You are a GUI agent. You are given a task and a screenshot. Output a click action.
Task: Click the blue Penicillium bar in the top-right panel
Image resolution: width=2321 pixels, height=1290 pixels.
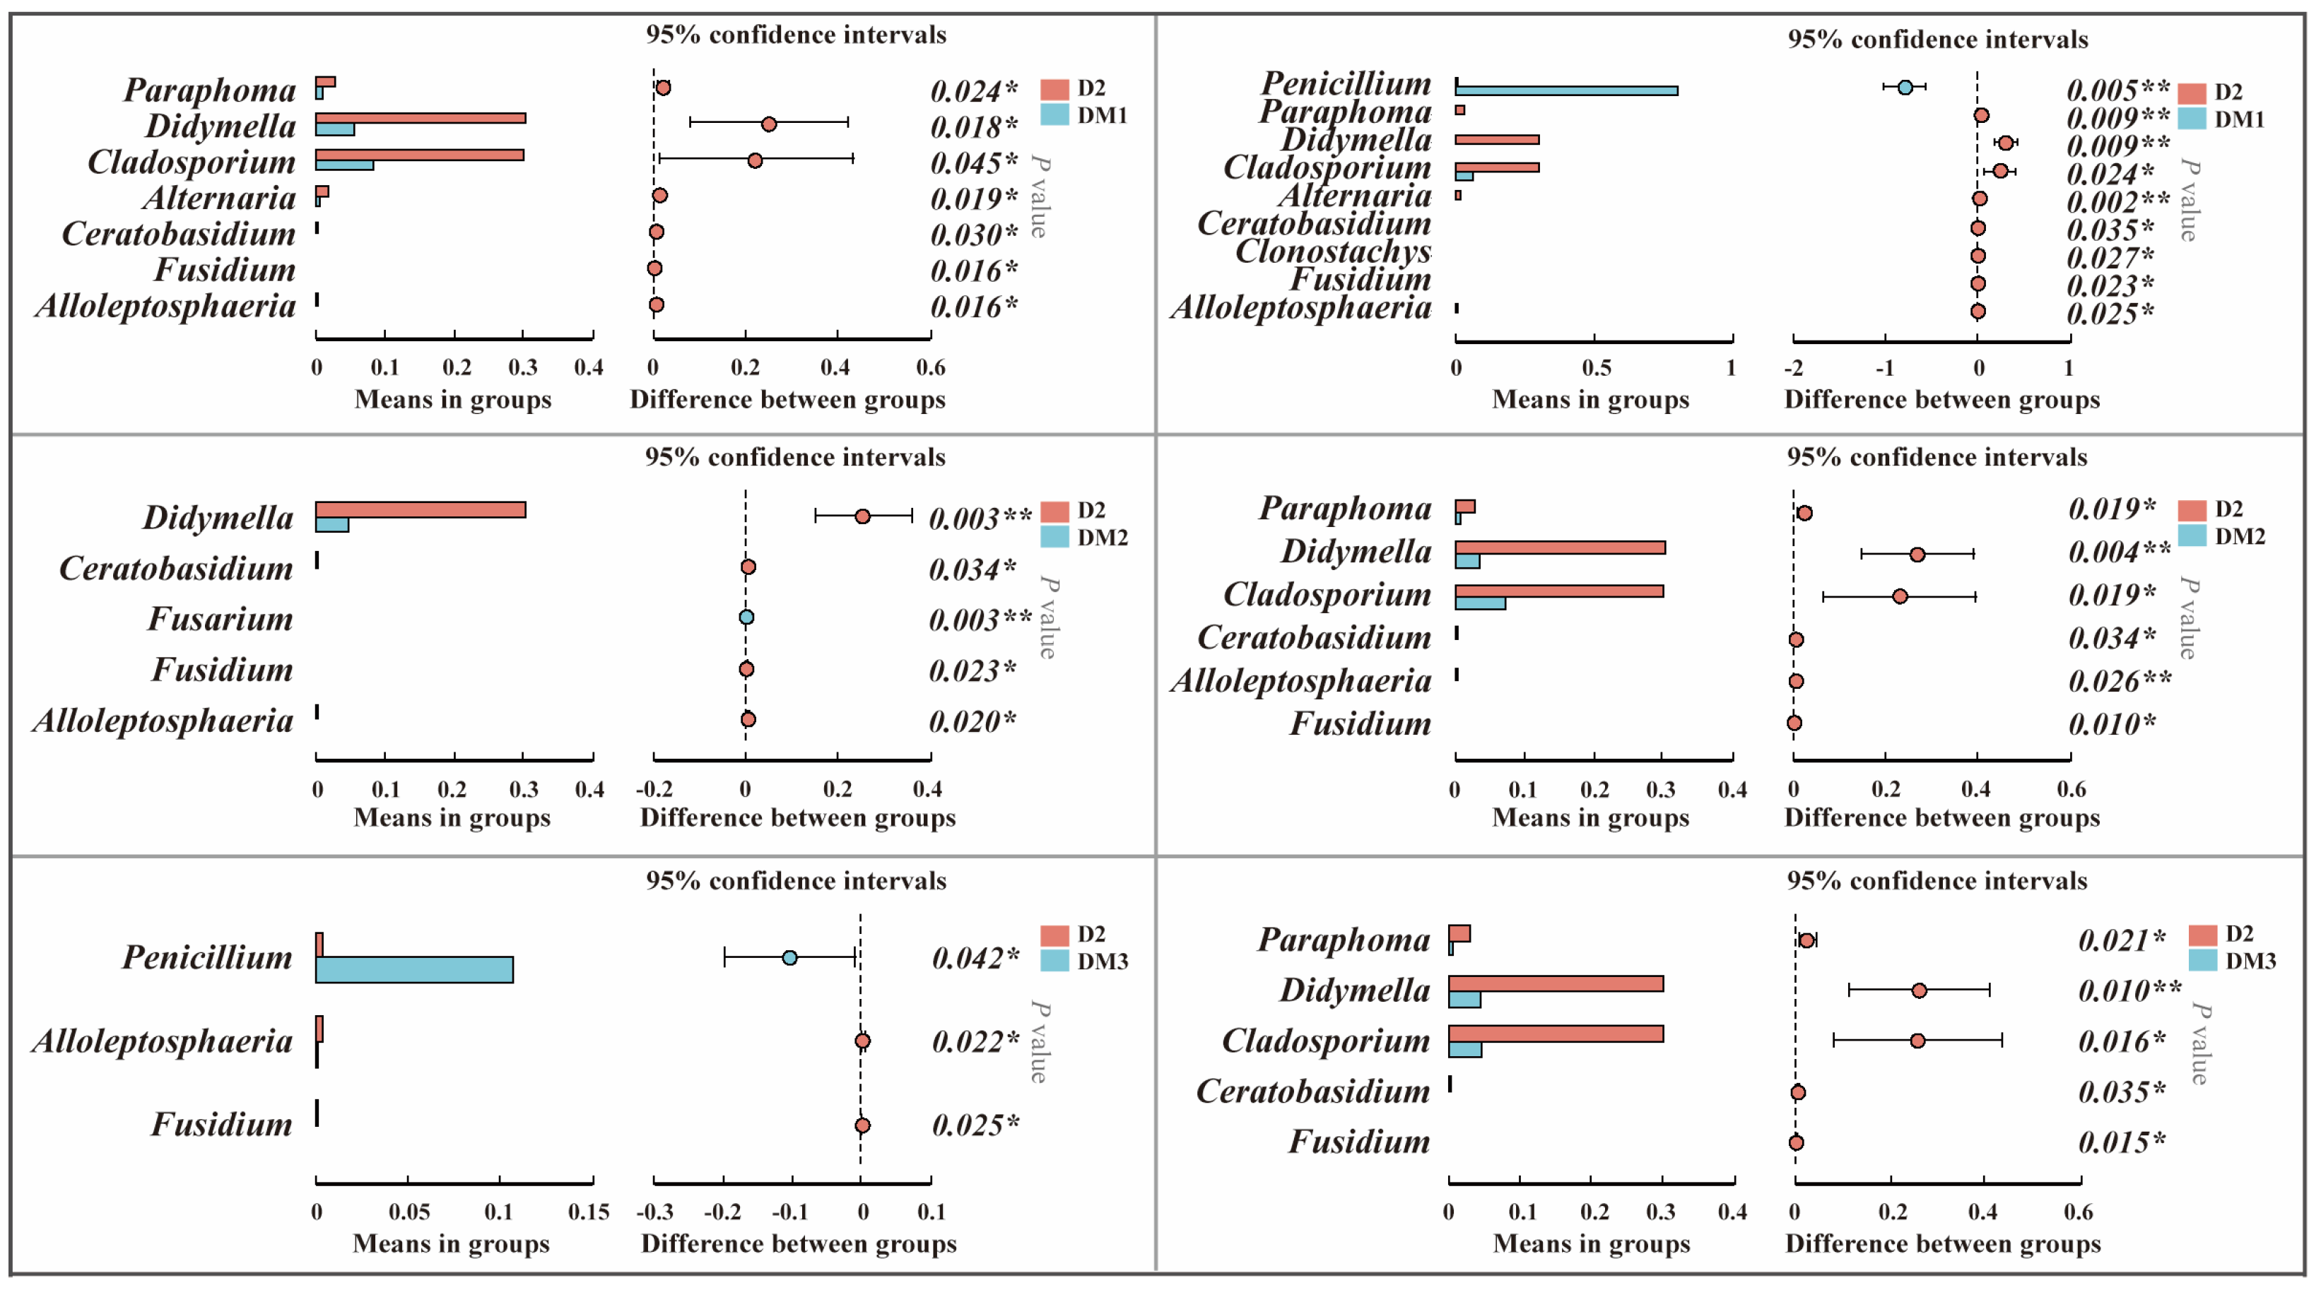coord(1566,91)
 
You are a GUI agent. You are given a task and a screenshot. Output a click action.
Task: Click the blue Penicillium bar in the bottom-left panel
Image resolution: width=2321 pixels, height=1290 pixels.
coord(414,970)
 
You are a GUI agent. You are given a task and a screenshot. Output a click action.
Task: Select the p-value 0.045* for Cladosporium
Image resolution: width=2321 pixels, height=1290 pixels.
coord(973,163)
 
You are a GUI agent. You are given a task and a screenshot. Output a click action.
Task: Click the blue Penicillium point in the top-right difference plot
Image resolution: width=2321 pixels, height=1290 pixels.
coord(1905,88)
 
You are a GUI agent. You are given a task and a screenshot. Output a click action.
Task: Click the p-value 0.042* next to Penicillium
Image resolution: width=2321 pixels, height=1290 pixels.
coord(975,957)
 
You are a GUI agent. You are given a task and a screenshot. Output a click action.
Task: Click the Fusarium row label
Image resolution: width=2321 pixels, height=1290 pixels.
coord(220,619)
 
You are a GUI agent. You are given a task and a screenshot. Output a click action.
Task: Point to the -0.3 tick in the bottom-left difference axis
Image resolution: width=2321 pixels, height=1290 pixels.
coord(654,1212)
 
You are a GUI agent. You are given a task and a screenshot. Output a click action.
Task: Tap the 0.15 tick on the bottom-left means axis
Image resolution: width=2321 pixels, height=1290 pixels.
coord(589,1212)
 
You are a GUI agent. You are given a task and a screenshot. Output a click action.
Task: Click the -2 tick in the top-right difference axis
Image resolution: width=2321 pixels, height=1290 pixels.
coord(1794,367)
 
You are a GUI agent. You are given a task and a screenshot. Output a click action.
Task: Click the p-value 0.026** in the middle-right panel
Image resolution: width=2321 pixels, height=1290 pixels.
coord(2119,681)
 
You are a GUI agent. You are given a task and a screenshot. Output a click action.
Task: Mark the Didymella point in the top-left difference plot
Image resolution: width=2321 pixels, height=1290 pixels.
coord(768,124)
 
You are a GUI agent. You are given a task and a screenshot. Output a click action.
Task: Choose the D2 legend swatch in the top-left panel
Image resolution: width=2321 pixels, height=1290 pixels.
coord(1054,89)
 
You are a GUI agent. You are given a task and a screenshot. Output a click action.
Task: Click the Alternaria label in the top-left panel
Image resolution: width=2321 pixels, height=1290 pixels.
coord(218,199)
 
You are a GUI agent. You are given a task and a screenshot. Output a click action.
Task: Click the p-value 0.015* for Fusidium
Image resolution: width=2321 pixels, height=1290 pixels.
coord(2121,1143)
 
